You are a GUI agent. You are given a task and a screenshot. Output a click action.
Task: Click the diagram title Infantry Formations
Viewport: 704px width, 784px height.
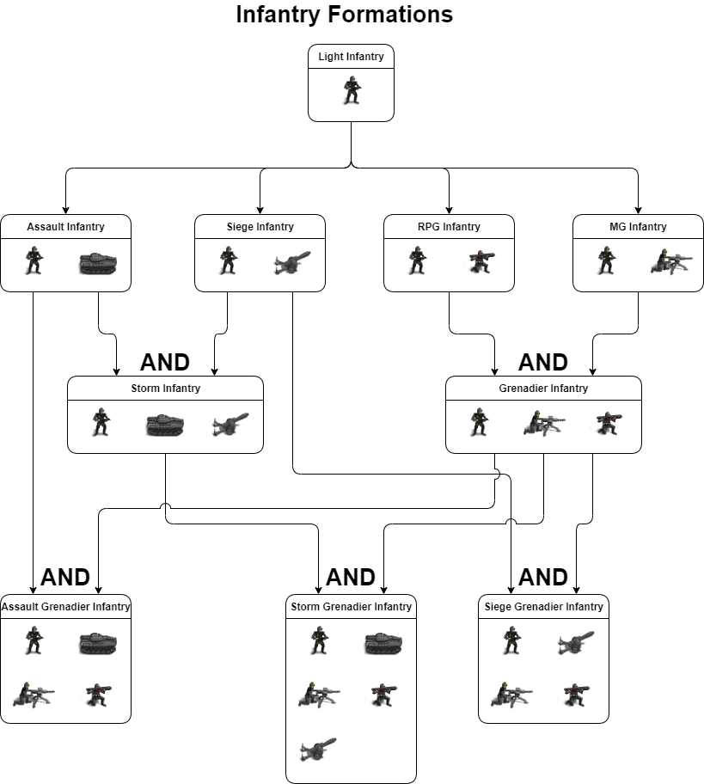click(x=344, y=15)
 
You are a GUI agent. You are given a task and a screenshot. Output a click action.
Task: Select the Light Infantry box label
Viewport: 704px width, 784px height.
click(x=351, y=58)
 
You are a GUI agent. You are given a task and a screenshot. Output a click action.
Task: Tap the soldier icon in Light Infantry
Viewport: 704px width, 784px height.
click(x=351, y=90)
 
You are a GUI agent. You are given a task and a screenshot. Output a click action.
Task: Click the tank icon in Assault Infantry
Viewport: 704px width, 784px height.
click(x=97, y=263)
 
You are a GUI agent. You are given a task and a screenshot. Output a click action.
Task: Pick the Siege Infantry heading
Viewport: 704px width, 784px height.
click(x=260, y=227)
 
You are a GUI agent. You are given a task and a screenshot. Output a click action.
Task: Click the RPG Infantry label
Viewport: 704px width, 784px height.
click(x=449, y=227)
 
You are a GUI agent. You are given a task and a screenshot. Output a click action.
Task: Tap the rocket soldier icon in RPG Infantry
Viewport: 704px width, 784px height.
click(x=481, y=261)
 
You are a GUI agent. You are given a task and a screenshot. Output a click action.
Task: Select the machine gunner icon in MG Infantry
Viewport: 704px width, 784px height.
click(x=670, y=261)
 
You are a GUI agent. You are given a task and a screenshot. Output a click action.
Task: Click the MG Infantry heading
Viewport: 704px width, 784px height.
click(x=638, y=227)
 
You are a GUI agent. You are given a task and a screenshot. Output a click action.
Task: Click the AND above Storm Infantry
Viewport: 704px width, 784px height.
click(x=165, y=362)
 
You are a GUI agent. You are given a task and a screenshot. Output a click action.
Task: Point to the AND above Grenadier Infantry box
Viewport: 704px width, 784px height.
click(x=543, y=362)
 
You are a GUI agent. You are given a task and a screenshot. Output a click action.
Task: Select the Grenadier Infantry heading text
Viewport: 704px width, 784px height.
click(x=543, y=389)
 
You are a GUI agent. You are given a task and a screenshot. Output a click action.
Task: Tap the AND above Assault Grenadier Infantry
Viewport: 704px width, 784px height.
click(x=65, y=577)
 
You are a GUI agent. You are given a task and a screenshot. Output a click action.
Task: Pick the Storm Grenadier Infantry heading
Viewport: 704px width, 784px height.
click(x=351, y=607)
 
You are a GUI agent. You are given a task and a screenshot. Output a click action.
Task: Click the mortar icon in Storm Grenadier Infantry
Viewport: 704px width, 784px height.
click(x=317, y=749)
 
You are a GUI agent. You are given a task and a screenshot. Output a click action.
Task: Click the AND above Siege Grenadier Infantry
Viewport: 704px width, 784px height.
click(x=543, y=577)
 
